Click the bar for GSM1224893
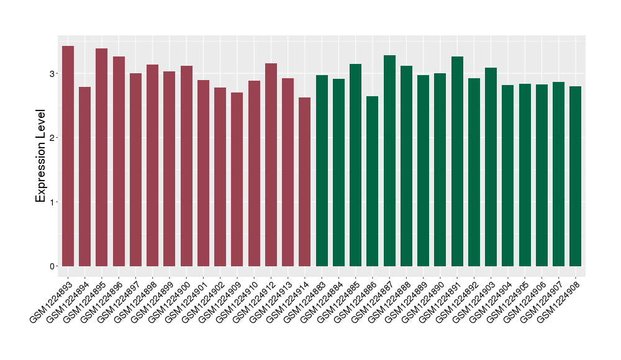pos(68,156)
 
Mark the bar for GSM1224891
pos(457,161)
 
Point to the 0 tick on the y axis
pos(54,266)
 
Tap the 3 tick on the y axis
pos(54,74)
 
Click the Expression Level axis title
pos(41,156)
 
